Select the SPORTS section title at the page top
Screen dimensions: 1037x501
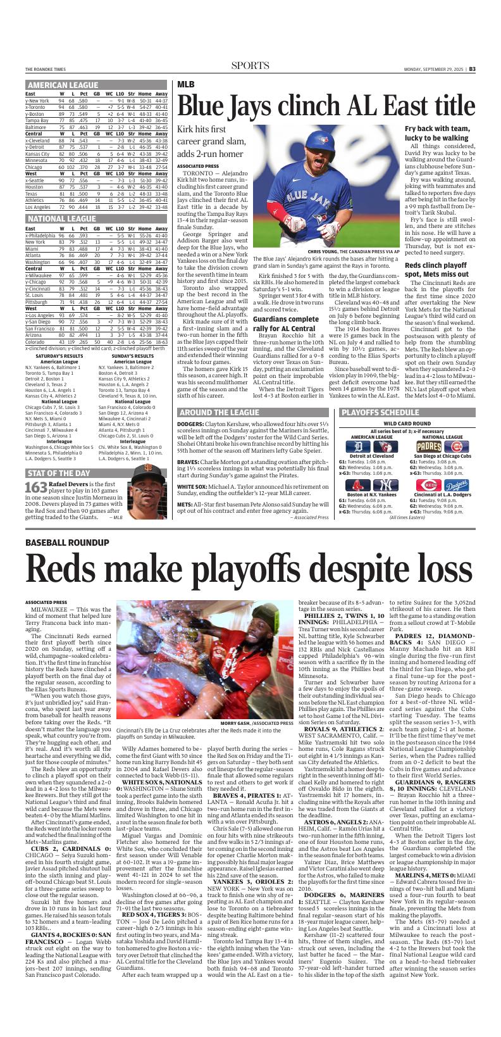point(250,66)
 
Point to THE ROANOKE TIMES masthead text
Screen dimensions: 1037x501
point(47,70)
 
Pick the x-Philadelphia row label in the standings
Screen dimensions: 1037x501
point(39,235)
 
